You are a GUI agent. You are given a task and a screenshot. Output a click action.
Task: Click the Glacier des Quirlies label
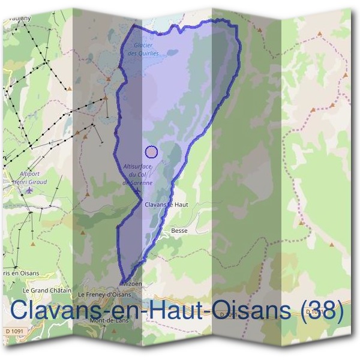pos(143,49)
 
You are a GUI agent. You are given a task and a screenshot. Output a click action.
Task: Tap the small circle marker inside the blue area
pos(151,152)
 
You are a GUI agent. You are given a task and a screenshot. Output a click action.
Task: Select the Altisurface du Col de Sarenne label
pos(137,173)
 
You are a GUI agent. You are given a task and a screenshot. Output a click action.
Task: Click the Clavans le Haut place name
pos(167,205)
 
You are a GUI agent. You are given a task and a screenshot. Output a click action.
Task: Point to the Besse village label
pos(179,230)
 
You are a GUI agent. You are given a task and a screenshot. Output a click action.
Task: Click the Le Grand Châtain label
pos(42,290)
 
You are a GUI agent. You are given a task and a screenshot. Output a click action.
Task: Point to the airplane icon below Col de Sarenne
pos(137,191)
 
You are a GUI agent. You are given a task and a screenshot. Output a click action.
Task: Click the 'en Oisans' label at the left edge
pos(20,273)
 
